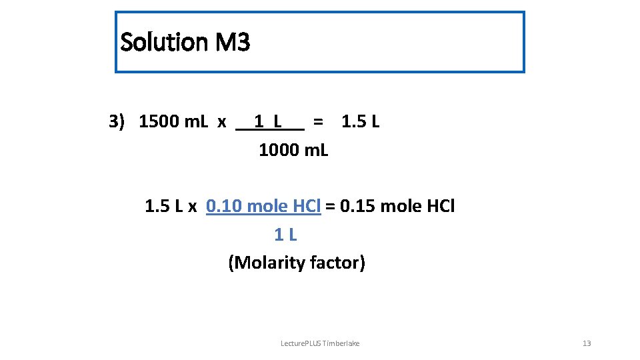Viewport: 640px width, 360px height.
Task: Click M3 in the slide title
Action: [233, 43]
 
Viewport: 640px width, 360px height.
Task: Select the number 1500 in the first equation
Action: [159, 122]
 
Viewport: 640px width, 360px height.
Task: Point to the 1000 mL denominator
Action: [293, 150]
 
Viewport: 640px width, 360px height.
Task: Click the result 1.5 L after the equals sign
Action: [360, 122]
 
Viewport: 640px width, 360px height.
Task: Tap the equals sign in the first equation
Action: [319, 122]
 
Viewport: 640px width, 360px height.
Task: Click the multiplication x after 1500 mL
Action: [222, 122]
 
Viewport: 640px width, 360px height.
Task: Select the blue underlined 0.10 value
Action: [224, 207]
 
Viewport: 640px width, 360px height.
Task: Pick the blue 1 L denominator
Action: [285, 235]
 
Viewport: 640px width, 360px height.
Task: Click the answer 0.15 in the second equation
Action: [357, 207]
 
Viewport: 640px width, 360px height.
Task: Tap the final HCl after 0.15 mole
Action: [440, 207]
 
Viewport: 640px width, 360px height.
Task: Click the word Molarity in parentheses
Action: [266, 263]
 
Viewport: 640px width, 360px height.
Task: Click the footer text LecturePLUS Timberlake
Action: [320, 343]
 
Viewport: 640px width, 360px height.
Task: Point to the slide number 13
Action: [587, 343]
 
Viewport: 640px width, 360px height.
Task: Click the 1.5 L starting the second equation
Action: [163, 207]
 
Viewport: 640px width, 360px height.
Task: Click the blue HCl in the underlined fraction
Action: [307, 207]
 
